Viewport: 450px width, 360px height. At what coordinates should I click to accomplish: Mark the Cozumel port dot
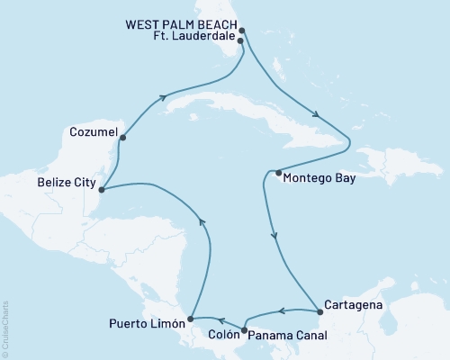pyautogui.click(x=121, y=138)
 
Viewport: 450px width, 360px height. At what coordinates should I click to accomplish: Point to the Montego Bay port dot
pyautogui.click(x=278, y=173)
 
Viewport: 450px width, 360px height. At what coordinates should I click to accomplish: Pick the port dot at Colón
pyautogui.click(x=245, y=329)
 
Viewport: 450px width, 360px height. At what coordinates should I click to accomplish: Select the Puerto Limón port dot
pyautogui.click(x=189, y=319)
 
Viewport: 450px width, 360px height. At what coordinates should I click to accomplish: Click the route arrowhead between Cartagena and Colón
pyautogui.click(x=281, y=312)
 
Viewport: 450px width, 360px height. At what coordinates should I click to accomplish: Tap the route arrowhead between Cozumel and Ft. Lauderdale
pyautogui.click(x=164, y=98)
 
